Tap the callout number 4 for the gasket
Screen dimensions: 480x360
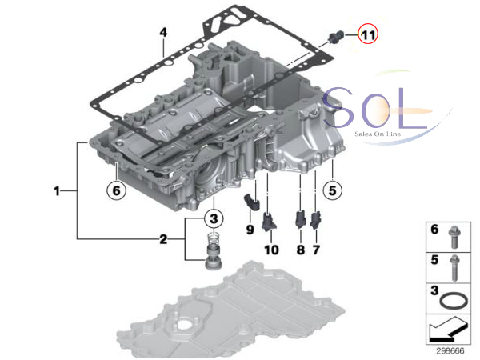click(163, 32)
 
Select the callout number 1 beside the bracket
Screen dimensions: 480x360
click(57, 191)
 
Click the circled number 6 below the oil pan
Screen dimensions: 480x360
click(116, 190)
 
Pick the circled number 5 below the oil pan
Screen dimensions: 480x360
click(333, 190)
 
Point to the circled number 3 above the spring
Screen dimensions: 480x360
click(214, 218)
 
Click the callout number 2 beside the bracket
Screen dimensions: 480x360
click(163, 239)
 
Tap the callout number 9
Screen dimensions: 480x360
click(250, 230)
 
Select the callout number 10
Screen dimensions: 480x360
click(271, 250)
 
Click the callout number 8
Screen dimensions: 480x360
click(301, 250)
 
